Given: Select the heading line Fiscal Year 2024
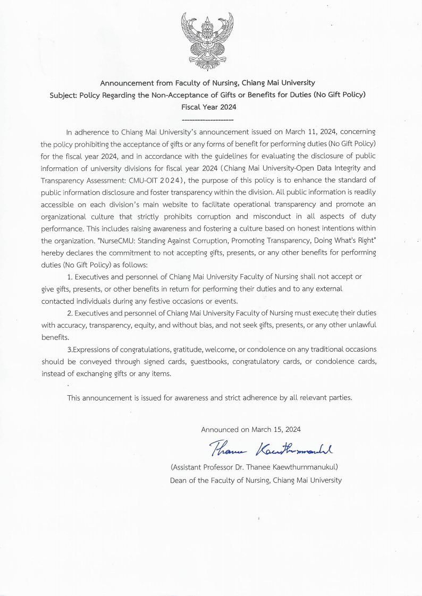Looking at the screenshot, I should pos(208,107).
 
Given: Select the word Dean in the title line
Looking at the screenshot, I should pos(179,480).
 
